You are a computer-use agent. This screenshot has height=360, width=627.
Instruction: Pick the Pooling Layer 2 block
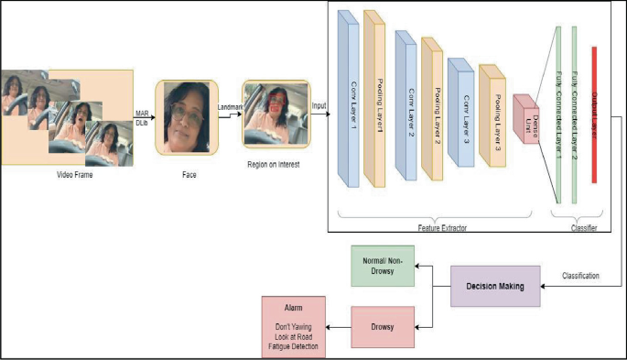pos(433,107)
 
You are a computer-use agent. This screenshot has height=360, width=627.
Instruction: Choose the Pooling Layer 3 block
pos(492,115)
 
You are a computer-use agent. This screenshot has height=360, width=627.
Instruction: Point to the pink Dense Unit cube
pos(527,119)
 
